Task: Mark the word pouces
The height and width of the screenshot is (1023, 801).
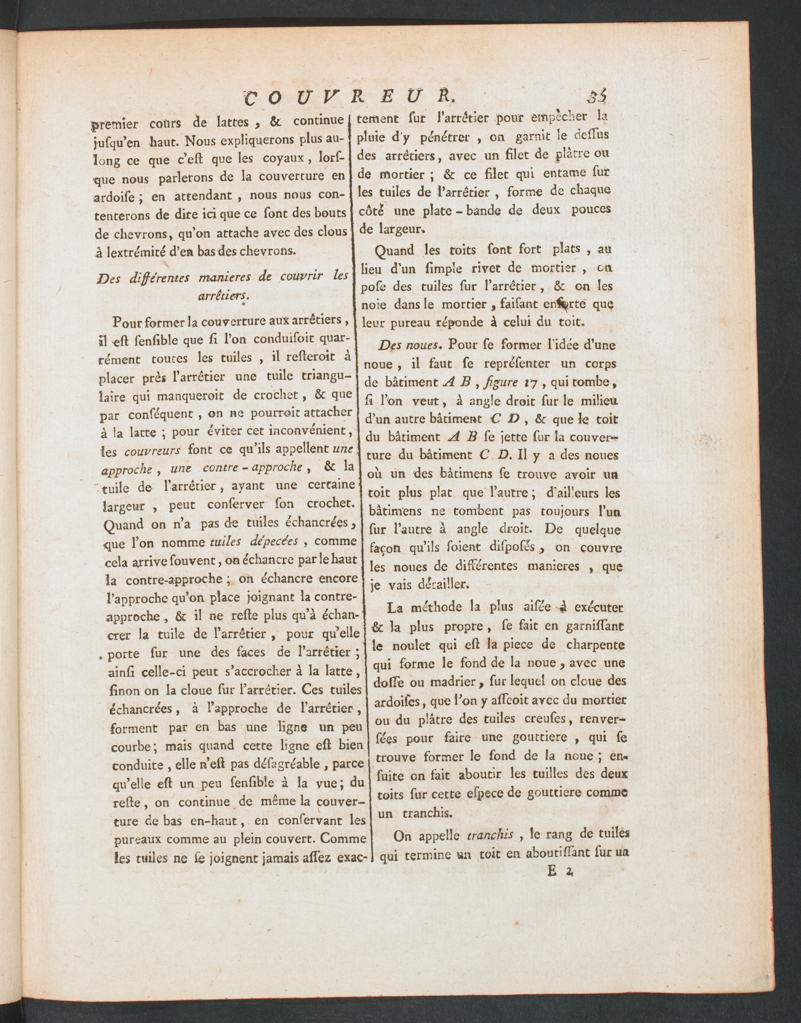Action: [591, 209]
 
